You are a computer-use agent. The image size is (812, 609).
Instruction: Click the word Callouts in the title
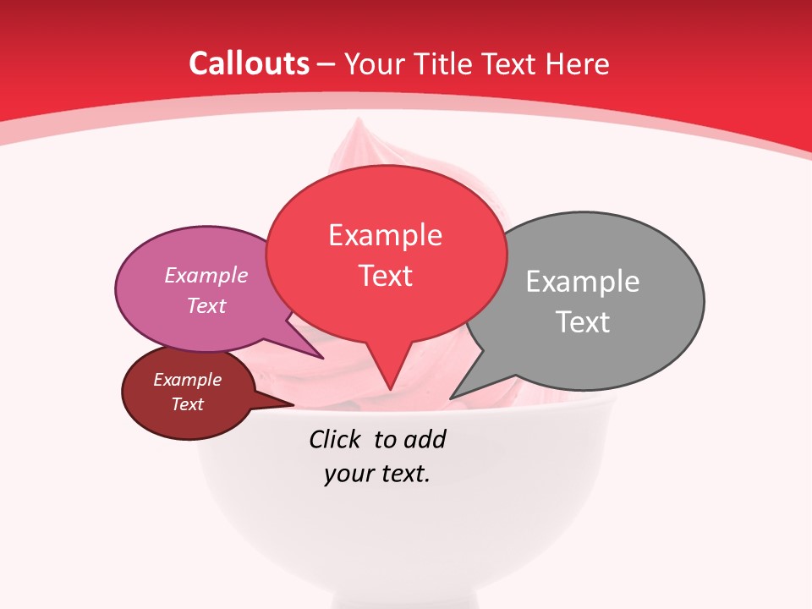tap(249, 63)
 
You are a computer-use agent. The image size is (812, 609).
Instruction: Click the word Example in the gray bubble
tap(583, 282)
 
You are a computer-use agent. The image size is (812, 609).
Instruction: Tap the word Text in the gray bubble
tap(583, 322)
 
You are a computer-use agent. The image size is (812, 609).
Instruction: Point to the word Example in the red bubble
tap(386, 235)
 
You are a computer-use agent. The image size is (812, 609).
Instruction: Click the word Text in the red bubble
tap(386, 276)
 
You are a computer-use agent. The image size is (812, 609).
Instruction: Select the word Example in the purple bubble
tap(206, 275)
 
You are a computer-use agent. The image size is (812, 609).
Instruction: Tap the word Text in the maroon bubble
tap(188, 404)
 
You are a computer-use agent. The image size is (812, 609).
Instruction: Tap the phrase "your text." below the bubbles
tap(377, 474)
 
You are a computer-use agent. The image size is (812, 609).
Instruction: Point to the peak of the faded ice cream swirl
tap(360, 123)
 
